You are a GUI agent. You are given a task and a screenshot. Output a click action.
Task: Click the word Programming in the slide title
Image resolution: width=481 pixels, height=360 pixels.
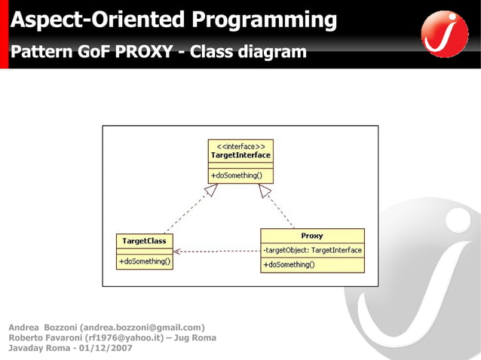(x=263, y=20)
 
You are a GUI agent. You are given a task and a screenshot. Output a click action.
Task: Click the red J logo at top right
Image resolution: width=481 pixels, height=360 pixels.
(x=445, y=34)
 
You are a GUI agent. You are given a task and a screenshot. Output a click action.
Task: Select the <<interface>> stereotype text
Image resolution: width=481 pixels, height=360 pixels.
(x=240, y=146)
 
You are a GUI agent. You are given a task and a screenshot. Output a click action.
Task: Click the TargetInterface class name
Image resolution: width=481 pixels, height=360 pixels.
(x=240, y=155)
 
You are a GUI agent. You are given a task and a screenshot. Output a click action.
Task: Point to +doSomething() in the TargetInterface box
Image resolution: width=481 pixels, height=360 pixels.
(x=237, y=175)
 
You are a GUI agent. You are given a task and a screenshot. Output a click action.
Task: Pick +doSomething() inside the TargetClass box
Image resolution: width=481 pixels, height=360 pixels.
(x=144, y=261)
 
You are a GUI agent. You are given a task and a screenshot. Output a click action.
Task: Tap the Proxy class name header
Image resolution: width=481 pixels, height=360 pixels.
(x=312, y=236)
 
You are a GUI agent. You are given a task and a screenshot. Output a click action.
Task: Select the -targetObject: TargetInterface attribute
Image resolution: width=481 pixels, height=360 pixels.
(x=312, y=249)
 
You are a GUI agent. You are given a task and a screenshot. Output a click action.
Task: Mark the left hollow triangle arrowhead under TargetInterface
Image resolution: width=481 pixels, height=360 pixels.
(x=212, y=191)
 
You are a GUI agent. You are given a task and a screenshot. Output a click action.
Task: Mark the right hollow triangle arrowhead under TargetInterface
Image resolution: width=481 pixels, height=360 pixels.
(x=265, y=191)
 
